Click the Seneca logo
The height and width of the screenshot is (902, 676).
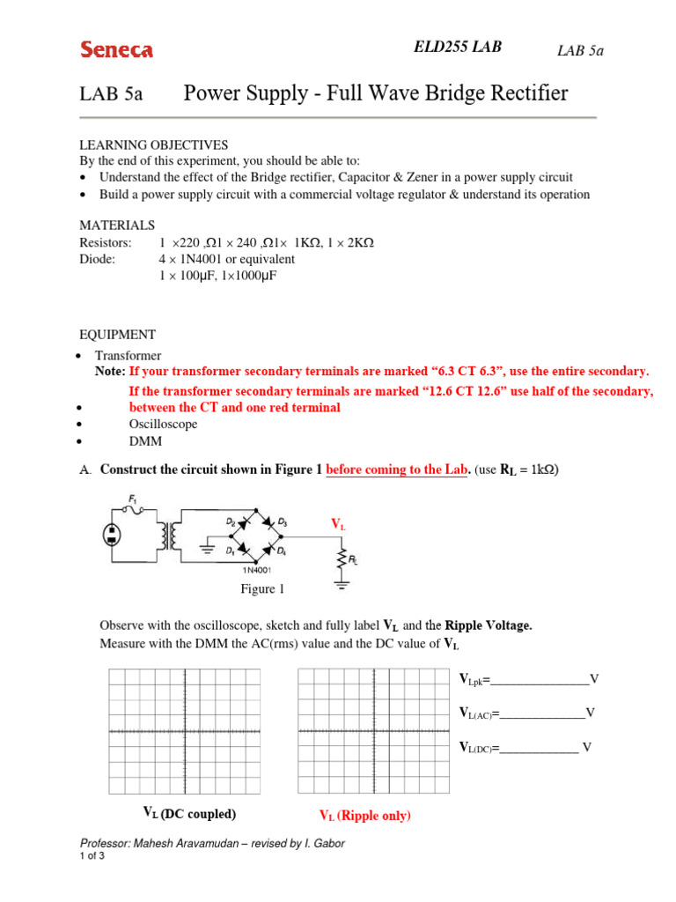[117, 50]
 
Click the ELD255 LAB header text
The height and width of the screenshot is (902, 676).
[458, 47]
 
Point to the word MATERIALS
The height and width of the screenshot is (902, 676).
[117, 225]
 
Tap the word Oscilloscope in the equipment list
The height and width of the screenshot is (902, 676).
[163, 424]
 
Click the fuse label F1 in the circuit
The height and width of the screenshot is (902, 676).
[134, 499]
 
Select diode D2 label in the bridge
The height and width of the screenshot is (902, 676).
[231, 521]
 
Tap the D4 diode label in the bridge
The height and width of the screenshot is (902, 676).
[281, 551]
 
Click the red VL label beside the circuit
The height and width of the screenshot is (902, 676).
[338, 524]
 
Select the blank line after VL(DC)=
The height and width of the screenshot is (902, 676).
[539, 748]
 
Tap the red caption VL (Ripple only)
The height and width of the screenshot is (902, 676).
[364, 816]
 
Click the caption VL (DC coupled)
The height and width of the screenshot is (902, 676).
[189, 813]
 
